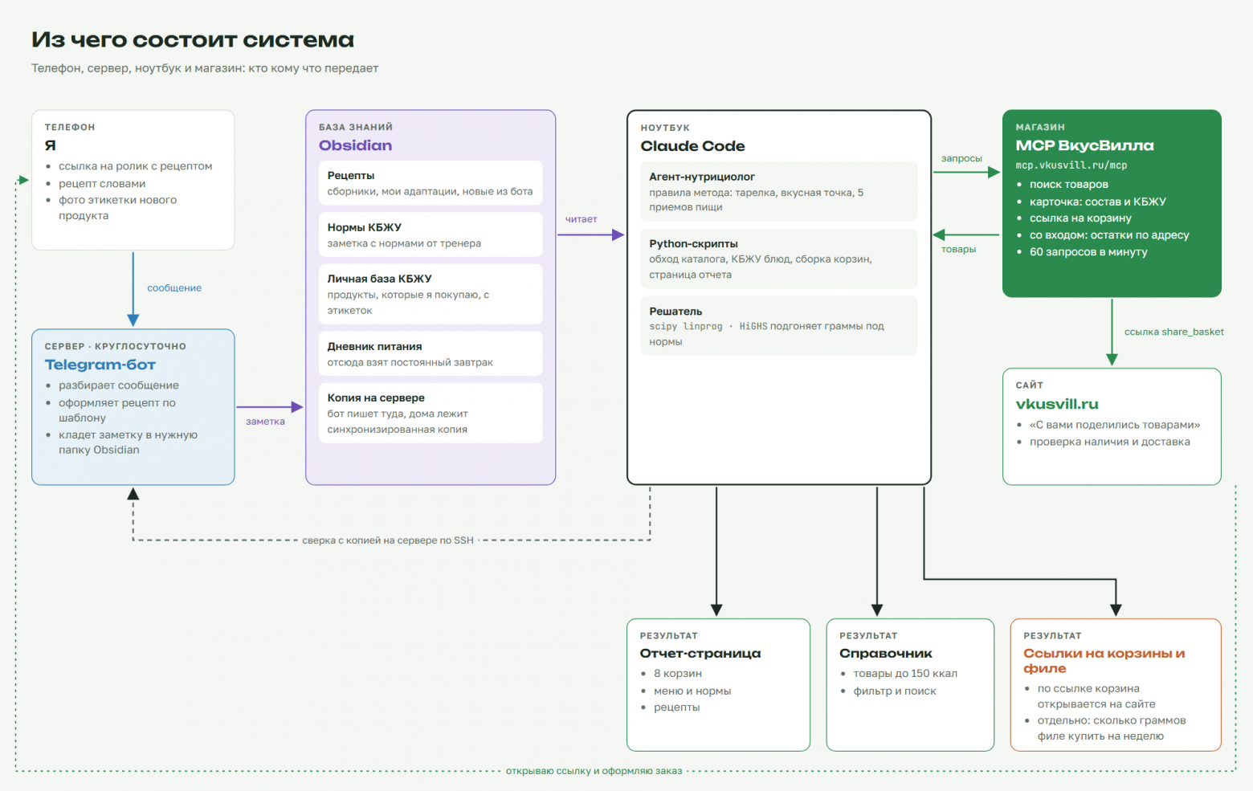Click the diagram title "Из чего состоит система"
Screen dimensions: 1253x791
[193, 39]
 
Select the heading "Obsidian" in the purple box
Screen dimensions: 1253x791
[355, 145]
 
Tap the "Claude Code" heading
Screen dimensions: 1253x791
[692, 146]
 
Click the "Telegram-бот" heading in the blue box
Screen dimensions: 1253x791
[100, 365]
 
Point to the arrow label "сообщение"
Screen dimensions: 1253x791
[174, 288]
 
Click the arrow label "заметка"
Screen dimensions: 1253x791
[265, 422]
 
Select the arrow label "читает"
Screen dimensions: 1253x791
[581, 218]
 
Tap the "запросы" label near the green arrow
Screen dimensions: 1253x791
[961, 158]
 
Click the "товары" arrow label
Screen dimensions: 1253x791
[958, 249]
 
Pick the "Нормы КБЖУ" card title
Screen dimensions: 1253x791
[364, 227]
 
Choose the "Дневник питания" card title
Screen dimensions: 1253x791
[374, 346]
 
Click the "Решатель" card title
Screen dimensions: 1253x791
[675, 311]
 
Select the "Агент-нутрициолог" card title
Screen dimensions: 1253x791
[701, 177]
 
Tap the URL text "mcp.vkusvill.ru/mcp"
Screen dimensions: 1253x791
[1071, 165]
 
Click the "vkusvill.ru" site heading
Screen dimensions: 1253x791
[1057, 404]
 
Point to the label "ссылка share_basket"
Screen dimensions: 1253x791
[1173, 332]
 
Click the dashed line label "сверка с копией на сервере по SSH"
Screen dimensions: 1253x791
[388, 540]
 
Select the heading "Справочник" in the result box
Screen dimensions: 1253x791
[885, 654]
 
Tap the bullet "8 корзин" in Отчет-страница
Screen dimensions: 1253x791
[677, 674]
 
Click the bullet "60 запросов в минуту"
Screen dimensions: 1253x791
[1088, 251]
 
